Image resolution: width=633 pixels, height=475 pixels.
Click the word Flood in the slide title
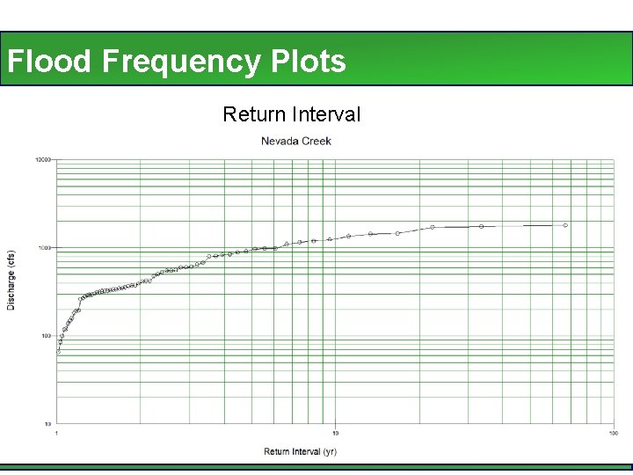point(50,62)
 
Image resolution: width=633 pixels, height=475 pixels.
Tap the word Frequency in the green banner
point(181,62)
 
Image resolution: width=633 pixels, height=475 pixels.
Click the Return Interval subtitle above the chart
point(291,114)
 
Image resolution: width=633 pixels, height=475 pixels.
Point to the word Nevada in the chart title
point(279,141)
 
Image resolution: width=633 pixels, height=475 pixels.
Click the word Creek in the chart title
point(316,141)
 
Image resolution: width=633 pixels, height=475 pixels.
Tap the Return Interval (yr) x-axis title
point(301,452)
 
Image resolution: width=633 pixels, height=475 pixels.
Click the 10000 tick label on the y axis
point(43,160)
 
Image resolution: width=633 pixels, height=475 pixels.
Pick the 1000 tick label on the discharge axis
point(45,248)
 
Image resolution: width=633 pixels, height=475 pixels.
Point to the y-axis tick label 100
point(47,336)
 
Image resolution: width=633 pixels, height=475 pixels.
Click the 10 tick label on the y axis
point(48,424)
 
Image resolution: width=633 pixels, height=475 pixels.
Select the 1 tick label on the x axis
point(57,434)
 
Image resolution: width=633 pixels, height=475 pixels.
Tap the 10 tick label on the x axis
point(335,434)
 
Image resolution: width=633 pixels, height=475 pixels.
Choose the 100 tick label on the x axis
point(613,434)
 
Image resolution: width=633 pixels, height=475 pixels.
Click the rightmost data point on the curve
point(565,225)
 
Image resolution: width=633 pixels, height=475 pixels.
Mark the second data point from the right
point(482,226)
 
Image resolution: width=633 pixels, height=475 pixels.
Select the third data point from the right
point(433,227)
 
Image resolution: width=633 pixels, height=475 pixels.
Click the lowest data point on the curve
point(58,351)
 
